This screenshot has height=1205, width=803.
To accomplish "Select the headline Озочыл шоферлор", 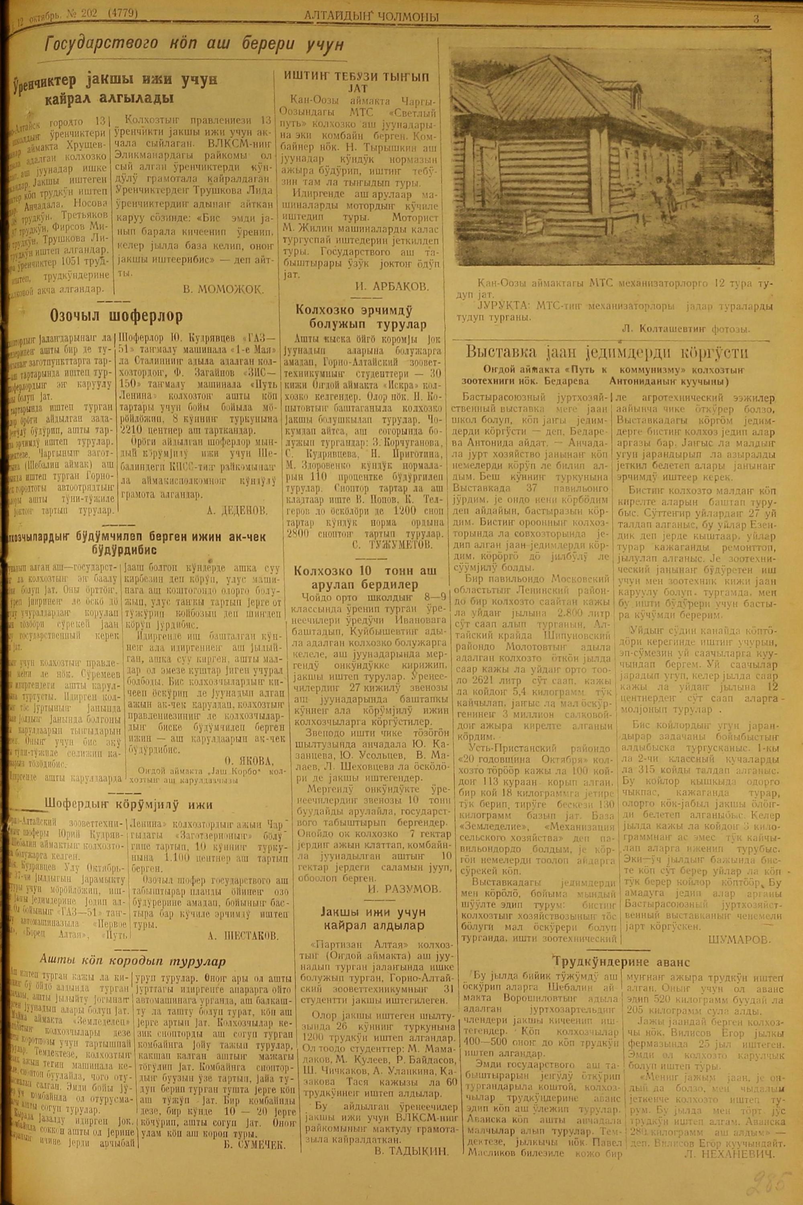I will click(x=116, y=316).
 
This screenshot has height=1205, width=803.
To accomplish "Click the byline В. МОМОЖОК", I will click(x=224, y=290).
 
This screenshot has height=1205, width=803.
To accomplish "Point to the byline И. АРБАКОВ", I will click(x=392, y=286).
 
